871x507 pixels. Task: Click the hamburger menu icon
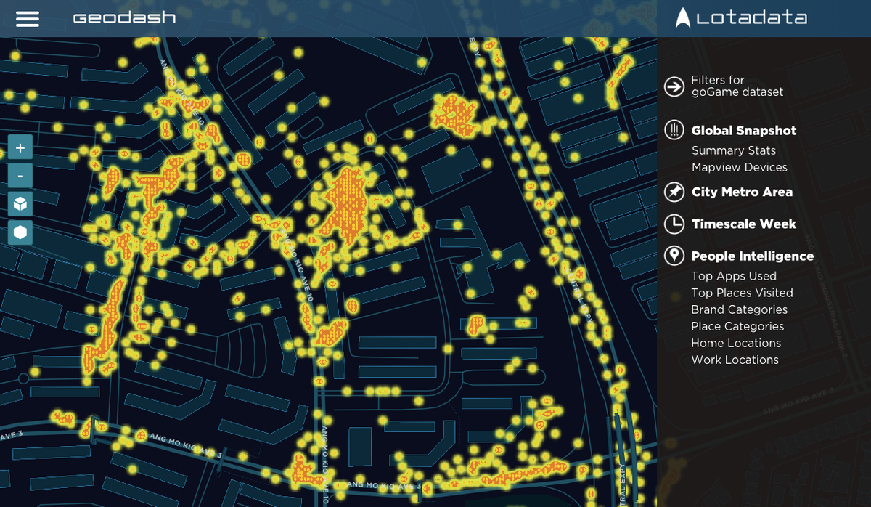click(x=28, y=18)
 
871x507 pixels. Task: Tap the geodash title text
click(x=124, y=17)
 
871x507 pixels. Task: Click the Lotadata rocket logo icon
click(x=682, y=17)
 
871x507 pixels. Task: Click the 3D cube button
click(x=20, y=204)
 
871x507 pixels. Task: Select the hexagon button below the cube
click(x=20, y=232)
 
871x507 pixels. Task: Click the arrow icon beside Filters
click(x=674, y=86)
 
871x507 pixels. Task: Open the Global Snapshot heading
click(x=743, y=131)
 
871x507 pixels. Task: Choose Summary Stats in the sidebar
click(x=733, y=150)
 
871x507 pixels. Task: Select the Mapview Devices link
click(x=739, y=167)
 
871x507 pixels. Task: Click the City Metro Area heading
click(x=742, y=192)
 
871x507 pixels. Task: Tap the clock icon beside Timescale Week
click(x=674, y=224)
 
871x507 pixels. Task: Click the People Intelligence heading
click(x=752, y=256)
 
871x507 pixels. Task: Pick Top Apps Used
click(x=733, y=276)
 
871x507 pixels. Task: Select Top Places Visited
click(x=742, y=293)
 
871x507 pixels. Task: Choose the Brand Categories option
click(x=739, y=309)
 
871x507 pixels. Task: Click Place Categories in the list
click(x=737, y=326)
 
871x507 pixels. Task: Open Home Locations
click(x=736, y=343)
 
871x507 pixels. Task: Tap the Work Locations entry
click(x=735, y=360)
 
